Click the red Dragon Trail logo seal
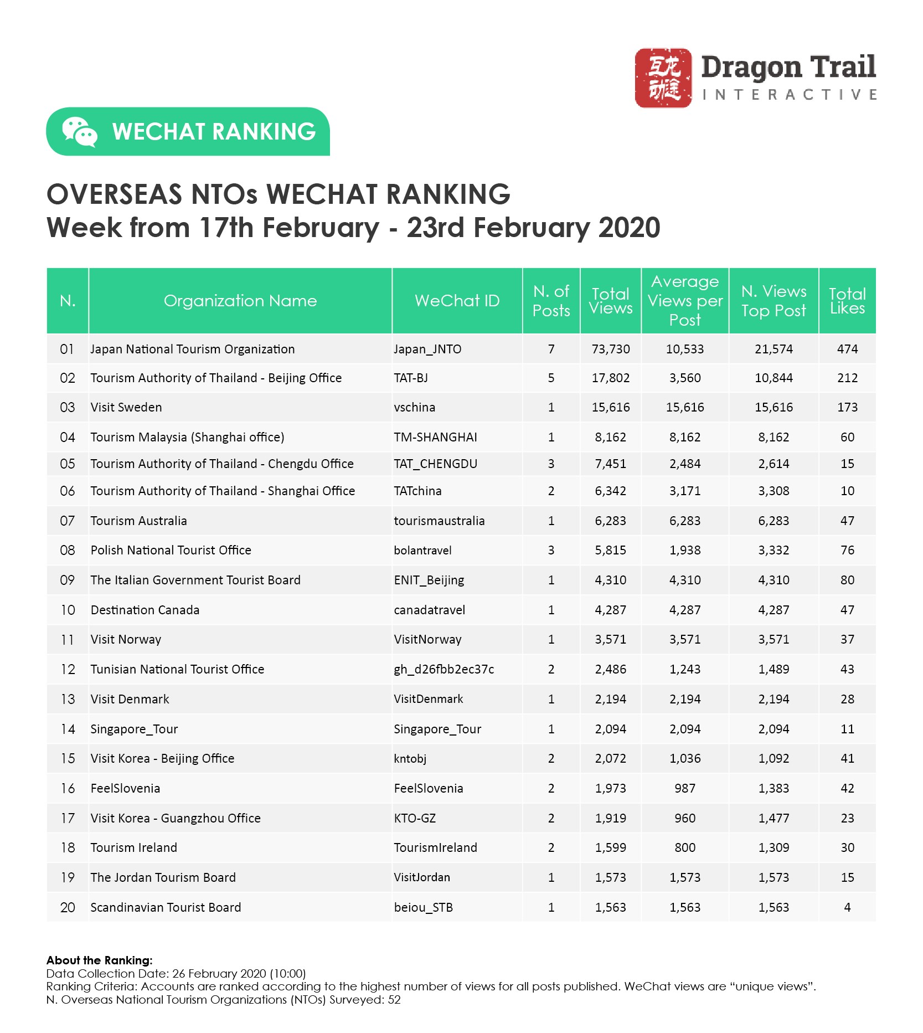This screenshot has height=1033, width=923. [663, 78]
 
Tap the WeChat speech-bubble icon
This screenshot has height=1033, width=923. [79, 132]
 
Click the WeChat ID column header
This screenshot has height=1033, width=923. [457, 301]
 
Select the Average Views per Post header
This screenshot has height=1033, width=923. [685, 301]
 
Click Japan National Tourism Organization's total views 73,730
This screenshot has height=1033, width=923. [611, 349]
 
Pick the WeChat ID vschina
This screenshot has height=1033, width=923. [414, 407]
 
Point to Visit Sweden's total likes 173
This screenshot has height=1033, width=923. [847, 407]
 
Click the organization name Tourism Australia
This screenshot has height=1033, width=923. [138, 521]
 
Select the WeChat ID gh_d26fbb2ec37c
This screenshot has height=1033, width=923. [444, 669]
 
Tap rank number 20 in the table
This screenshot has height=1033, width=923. [68, 907]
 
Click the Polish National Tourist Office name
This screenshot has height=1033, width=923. [171, 550]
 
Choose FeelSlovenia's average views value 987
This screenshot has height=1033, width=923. [685, 788]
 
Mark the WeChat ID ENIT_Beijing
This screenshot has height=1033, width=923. [429, 580]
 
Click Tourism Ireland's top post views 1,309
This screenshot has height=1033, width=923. [774, 847]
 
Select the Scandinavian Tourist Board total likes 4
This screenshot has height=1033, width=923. [847, 907]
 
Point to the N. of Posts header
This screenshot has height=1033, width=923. [551, 301]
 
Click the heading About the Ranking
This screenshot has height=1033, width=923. [99, 960]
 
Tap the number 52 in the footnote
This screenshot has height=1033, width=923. [394, 1000]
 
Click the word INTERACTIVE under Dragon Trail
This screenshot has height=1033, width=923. [788, 95]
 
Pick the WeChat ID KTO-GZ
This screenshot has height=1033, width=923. [415, 818]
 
